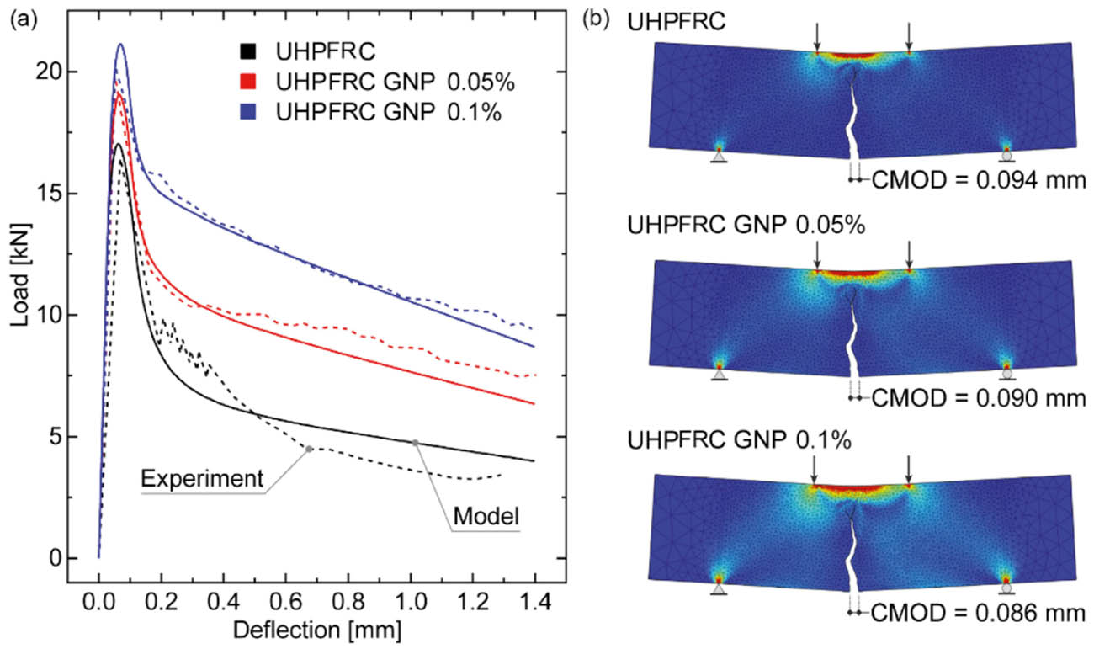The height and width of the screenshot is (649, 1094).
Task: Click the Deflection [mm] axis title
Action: [x=316, y=629]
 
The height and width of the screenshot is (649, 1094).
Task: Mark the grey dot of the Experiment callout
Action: [x=310, y=449]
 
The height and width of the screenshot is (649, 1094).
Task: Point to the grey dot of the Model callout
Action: [x=415, y=443]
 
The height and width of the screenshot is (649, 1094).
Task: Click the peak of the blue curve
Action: [x=120, y=44]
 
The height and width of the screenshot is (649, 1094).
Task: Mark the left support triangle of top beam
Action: [x=719, y=156]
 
